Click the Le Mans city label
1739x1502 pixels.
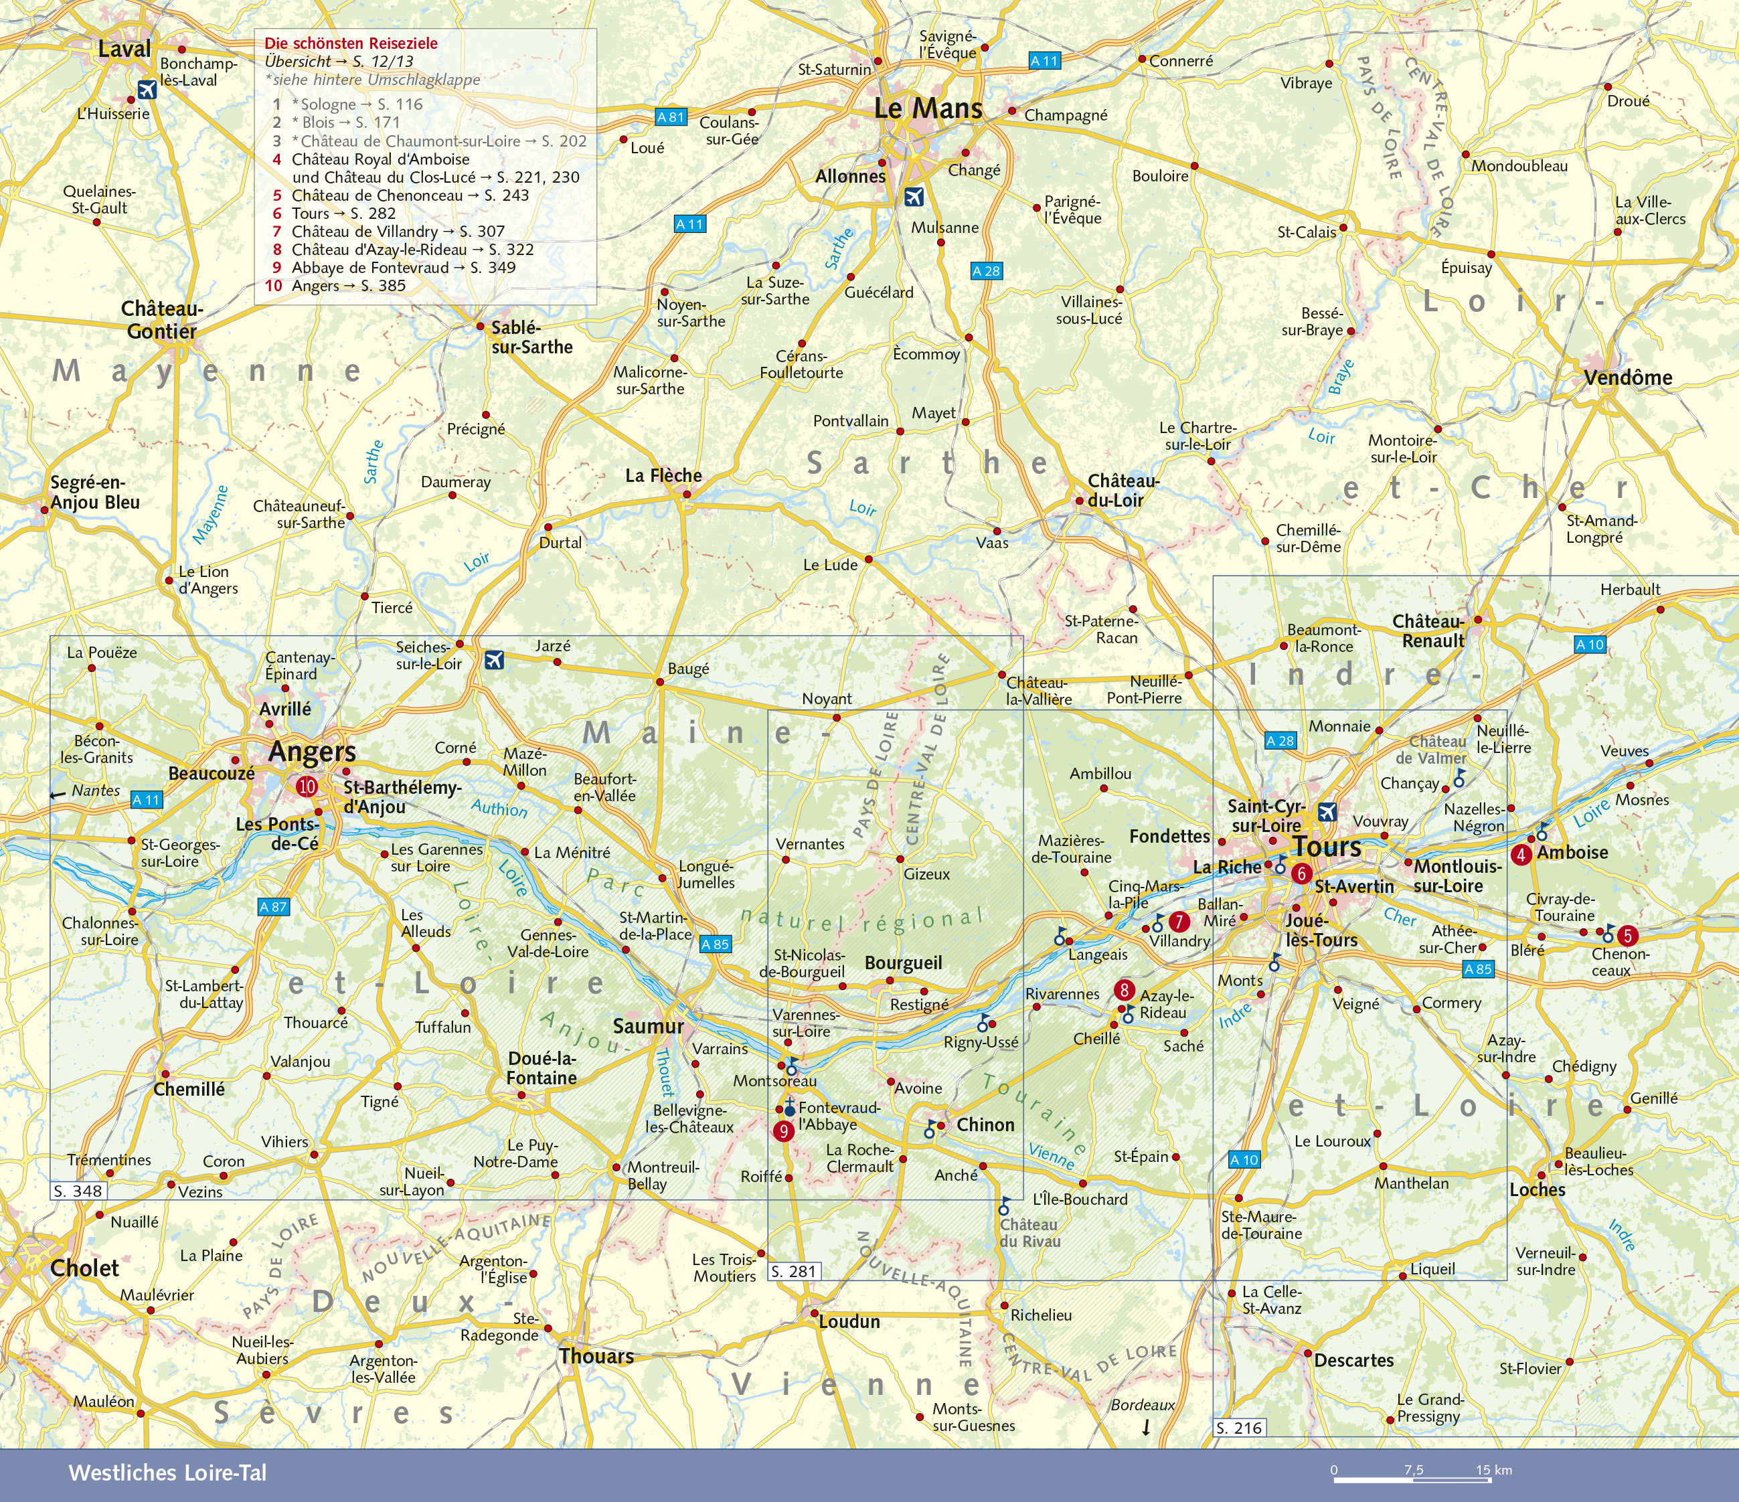point(928,108)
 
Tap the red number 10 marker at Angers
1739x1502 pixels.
point(307,786)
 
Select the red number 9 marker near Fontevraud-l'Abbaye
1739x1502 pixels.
point(783,1131)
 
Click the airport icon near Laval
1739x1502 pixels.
point(147,90)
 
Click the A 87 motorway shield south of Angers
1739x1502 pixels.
point(273,907)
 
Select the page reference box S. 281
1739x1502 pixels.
point(794,1271)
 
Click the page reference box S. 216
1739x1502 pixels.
point(1239,1427)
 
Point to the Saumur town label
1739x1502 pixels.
point(648,1026)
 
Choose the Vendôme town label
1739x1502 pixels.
point(1628,378)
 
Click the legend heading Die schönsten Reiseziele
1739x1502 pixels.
point(351,44)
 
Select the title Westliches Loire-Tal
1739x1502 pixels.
point(167,1473)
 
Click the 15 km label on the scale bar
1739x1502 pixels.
point(1494,1470)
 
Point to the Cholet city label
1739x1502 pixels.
point(85,1268)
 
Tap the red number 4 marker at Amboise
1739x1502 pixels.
point(1521,855)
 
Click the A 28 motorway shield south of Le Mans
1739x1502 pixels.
point(986,271)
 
